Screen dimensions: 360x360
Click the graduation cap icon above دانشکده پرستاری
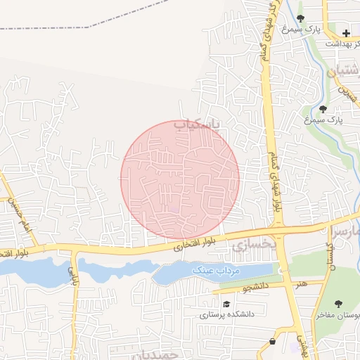(226, 304)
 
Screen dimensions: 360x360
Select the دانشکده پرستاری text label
(224, 315)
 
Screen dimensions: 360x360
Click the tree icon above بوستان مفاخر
(339, 304)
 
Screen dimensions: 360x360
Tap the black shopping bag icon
(272, 342)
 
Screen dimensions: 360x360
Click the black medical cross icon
(346, 33)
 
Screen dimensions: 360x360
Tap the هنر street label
(303, 283)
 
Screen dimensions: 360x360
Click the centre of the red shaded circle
(180, 179)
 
